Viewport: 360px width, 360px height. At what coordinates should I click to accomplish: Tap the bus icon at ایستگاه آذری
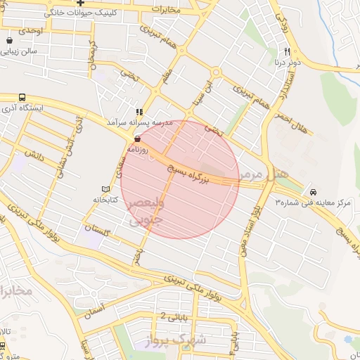[22, 98]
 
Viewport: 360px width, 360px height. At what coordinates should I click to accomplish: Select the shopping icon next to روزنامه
[137, 139]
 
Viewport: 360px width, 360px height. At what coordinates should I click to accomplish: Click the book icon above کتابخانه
[105, 189]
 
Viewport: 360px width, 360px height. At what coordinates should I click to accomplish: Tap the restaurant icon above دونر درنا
[287, 51]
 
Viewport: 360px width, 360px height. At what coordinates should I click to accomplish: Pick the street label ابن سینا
[205, 96]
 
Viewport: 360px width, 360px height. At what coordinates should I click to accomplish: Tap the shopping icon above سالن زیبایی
[8, 41]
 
